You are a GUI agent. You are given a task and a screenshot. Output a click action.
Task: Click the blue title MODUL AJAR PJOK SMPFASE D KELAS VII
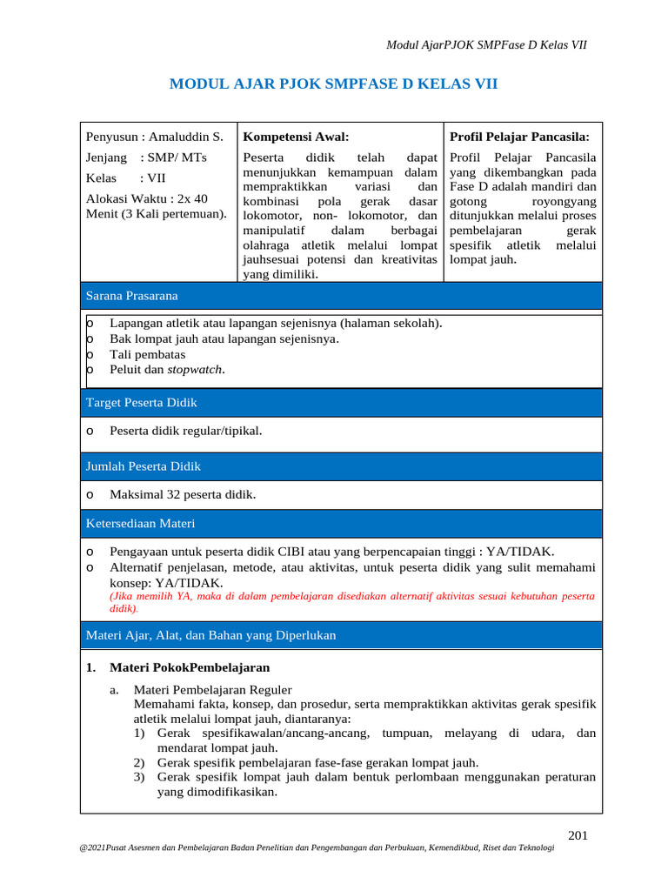click(x=333, y=84)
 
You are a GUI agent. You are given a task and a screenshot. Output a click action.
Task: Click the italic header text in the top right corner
click(x=486, y=44)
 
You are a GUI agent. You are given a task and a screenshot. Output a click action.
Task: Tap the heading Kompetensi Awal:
click(x=296, y=137)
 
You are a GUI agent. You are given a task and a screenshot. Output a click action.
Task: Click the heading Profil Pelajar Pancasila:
click(x=519, y=137)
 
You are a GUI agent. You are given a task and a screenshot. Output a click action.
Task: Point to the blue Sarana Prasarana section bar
click(x=340, y=296)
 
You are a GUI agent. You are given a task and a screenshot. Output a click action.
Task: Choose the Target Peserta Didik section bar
click(x=340, y=402)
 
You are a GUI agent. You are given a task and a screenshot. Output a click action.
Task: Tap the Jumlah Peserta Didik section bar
click(x=340, y=466)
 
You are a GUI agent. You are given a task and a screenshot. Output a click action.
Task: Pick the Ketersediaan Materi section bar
click(x=340, y=523)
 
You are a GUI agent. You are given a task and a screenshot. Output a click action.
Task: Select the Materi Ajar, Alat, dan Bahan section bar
click(x=340, y=635)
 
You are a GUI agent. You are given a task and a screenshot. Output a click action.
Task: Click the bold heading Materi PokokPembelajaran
click(x=189, y=667)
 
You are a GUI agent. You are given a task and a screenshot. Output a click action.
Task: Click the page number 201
click(x=578, y=836)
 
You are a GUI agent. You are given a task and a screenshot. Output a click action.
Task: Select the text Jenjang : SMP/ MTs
click(x=146, y=157)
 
